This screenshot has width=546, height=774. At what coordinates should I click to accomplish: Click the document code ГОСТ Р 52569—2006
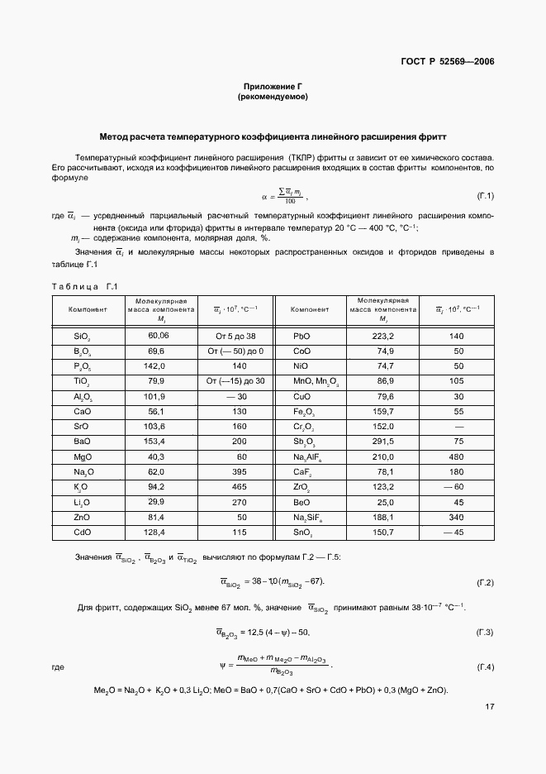pos(447,61)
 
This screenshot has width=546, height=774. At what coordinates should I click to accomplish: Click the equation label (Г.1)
pos(485,196)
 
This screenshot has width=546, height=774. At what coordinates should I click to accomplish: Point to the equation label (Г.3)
pos(485,633)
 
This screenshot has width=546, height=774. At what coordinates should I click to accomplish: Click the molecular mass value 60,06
pos(158,336)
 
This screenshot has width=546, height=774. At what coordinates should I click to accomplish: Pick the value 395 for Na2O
pos(240,471)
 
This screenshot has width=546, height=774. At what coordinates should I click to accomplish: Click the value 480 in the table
pos(457,456)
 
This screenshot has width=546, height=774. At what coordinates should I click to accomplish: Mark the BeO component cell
pos(302,500)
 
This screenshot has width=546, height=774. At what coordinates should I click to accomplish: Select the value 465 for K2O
pos(240,485)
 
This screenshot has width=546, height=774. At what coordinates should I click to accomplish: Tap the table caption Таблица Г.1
pos(86,286)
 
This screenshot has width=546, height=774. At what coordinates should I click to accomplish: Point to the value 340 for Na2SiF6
pos(457,515)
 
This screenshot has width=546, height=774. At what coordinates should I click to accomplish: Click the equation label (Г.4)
pos(485,666)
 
